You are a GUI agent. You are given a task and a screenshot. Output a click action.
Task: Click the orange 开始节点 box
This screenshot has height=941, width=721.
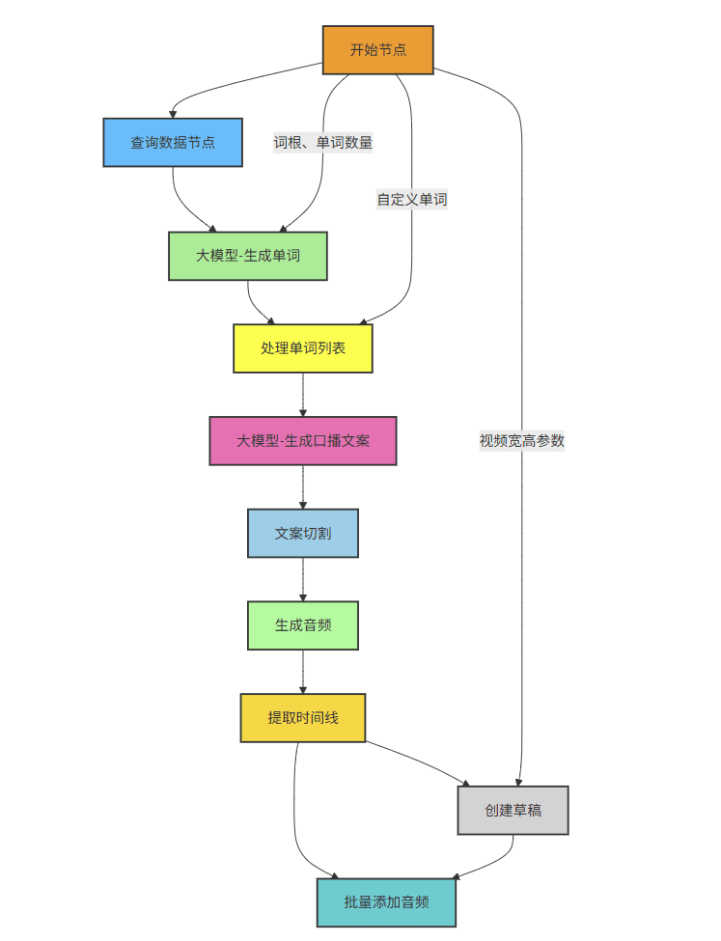(x=377, y=50)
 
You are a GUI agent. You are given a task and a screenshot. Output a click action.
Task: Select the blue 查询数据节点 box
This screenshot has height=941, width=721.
(x=173, y=143)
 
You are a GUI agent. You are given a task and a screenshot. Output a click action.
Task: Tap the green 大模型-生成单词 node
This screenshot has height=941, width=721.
(x=248, y=256)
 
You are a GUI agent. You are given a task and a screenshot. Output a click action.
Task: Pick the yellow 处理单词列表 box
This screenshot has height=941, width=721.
(x=303, y=348)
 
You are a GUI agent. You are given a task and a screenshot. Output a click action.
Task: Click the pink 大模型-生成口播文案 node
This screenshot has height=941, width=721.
(x=303, y=441)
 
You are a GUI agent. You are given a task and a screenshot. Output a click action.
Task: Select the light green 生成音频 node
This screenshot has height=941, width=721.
(x=303, y=625)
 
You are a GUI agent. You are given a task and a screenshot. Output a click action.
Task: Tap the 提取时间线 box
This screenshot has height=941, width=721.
(x=303, y=718)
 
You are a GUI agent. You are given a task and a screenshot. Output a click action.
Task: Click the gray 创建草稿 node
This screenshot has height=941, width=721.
(x=513, y=810)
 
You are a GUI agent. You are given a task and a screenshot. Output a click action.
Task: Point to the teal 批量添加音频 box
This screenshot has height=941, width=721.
(x=386, y=903)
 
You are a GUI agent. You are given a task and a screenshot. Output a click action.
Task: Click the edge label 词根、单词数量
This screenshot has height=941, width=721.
(x=323, y=143)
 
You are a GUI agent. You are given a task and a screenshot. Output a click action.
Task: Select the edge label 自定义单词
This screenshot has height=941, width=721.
(x=412, y=200)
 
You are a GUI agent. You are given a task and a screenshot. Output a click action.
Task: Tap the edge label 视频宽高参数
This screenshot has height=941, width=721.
(x=522, y=441)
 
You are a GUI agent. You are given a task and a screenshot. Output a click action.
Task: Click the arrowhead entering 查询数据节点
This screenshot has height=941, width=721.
(x=174, y=114)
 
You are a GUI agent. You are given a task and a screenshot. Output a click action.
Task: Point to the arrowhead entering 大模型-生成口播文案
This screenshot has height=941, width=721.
(x=303, y=412)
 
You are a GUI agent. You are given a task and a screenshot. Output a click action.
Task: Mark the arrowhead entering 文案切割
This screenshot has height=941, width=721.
(x=303, y=505)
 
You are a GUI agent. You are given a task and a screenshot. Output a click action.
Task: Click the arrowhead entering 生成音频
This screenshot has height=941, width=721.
(x=303, y=597)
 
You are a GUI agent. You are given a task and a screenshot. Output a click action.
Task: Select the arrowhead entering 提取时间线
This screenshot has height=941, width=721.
(x=303, y=689)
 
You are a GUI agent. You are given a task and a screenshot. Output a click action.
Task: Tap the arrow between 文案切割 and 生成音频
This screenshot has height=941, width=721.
(x=303, y=579)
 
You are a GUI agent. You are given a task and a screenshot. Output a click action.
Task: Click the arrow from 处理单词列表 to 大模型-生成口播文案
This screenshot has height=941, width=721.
(x=303, y=394)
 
